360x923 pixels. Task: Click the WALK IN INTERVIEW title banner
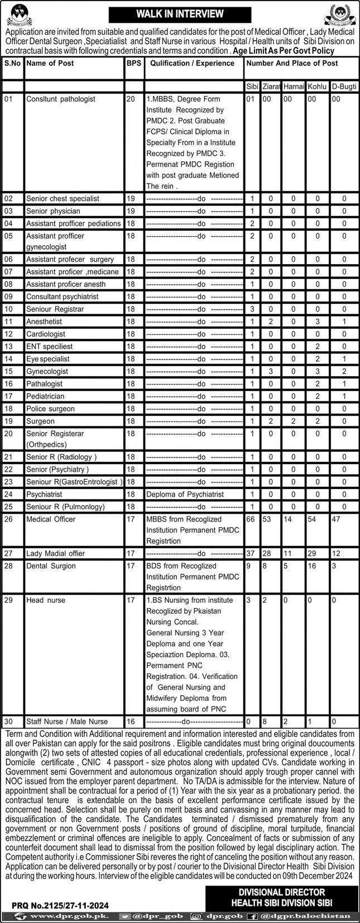point(180,14)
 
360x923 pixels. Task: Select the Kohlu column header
point(317,87)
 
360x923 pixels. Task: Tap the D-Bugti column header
point(344,87)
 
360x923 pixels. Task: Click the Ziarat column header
point(271,87)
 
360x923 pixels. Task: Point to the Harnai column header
point(294,87)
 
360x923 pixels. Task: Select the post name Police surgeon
point(50,409)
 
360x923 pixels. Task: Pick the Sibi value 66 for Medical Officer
point(251,519)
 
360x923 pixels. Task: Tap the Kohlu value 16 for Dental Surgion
point(311,566)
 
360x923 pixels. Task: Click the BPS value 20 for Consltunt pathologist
point(131,99)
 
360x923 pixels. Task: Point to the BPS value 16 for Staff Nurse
point(131,721)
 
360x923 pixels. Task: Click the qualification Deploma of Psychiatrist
point(185,494)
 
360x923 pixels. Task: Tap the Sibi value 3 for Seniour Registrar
point(252,309)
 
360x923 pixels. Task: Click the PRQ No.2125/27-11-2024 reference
point(61,906)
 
